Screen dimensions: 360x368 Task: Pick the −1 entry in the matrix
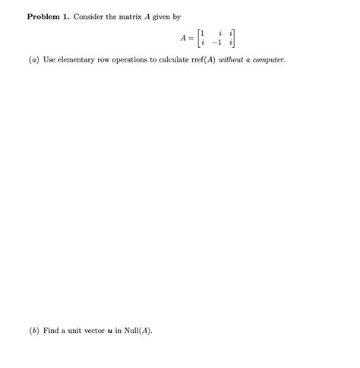219,43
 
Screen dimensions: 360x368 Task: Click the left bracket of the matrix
199,37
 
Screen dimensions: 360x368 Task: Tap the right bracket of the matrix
233,37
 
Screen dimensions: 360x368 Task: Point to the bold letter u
118,332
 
